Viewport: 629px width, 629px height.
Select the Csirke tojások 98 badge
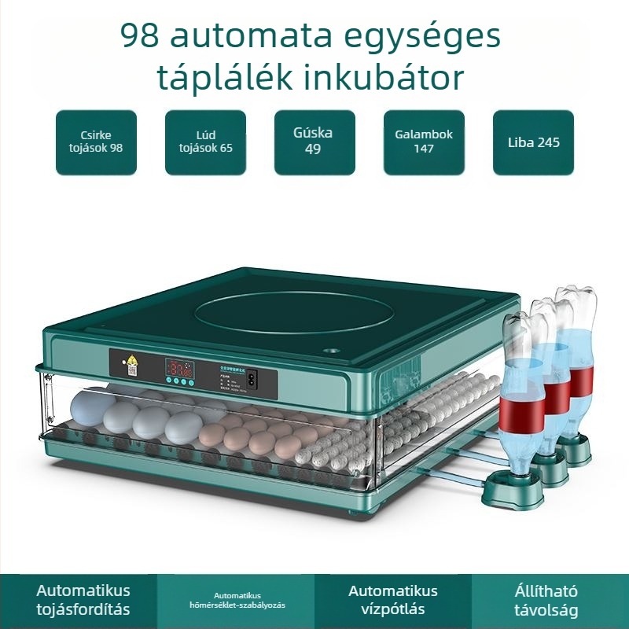pyautogui.click(x=95, y=142)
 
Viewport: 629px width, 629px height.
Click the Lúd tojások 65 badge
pyautogui.click(x=204, y=142)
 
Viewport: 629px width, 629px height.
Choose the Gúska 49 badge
pyautogui.click(x=314, y=142)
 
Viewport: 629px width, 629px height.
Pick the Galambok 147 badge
pyautogui.click(x=424, y=142)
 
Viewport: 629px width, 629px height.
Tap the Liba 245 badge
pyautogui.click(x=533, y=142)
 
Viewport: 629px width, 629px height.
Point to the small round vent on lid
pyautogui.click(x=330, y=351)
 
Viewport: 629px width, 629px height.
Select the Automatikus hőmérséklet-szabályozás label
pyautogui.click(x=236, y=600)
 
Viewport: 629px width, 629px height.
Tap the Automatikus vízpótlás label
pyautogui.click(x=393, y=600)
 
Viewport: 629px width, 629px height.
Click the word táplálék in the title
pyautogui.click(x=224, y=79)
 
